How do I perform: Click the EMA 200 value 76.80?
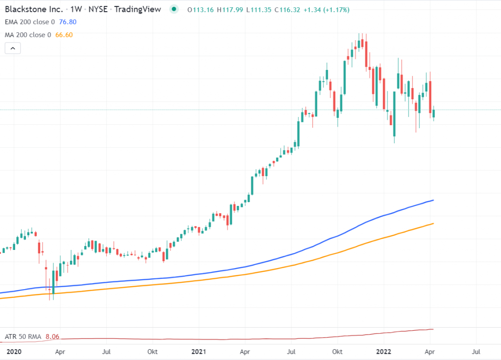coord(67,22)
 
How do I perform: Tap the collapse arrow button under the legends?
coord(13,48)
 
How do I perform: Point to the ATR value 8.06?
coord(52,337)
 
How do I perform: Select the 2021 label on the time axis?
coord(199,351)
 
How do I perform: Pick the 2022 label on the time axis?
coord(383,351)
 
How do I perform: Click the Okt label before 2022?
coord(337,351)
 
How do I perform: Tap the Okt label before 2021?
coord(153,351)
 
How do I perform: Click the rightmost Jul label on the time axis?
coord(476,351)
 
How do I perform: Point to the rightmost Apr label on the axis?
coord(430,351)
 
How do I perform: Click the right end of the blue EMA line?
coord(433,200)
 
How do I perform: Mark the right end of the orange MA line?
coord(433,224)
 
